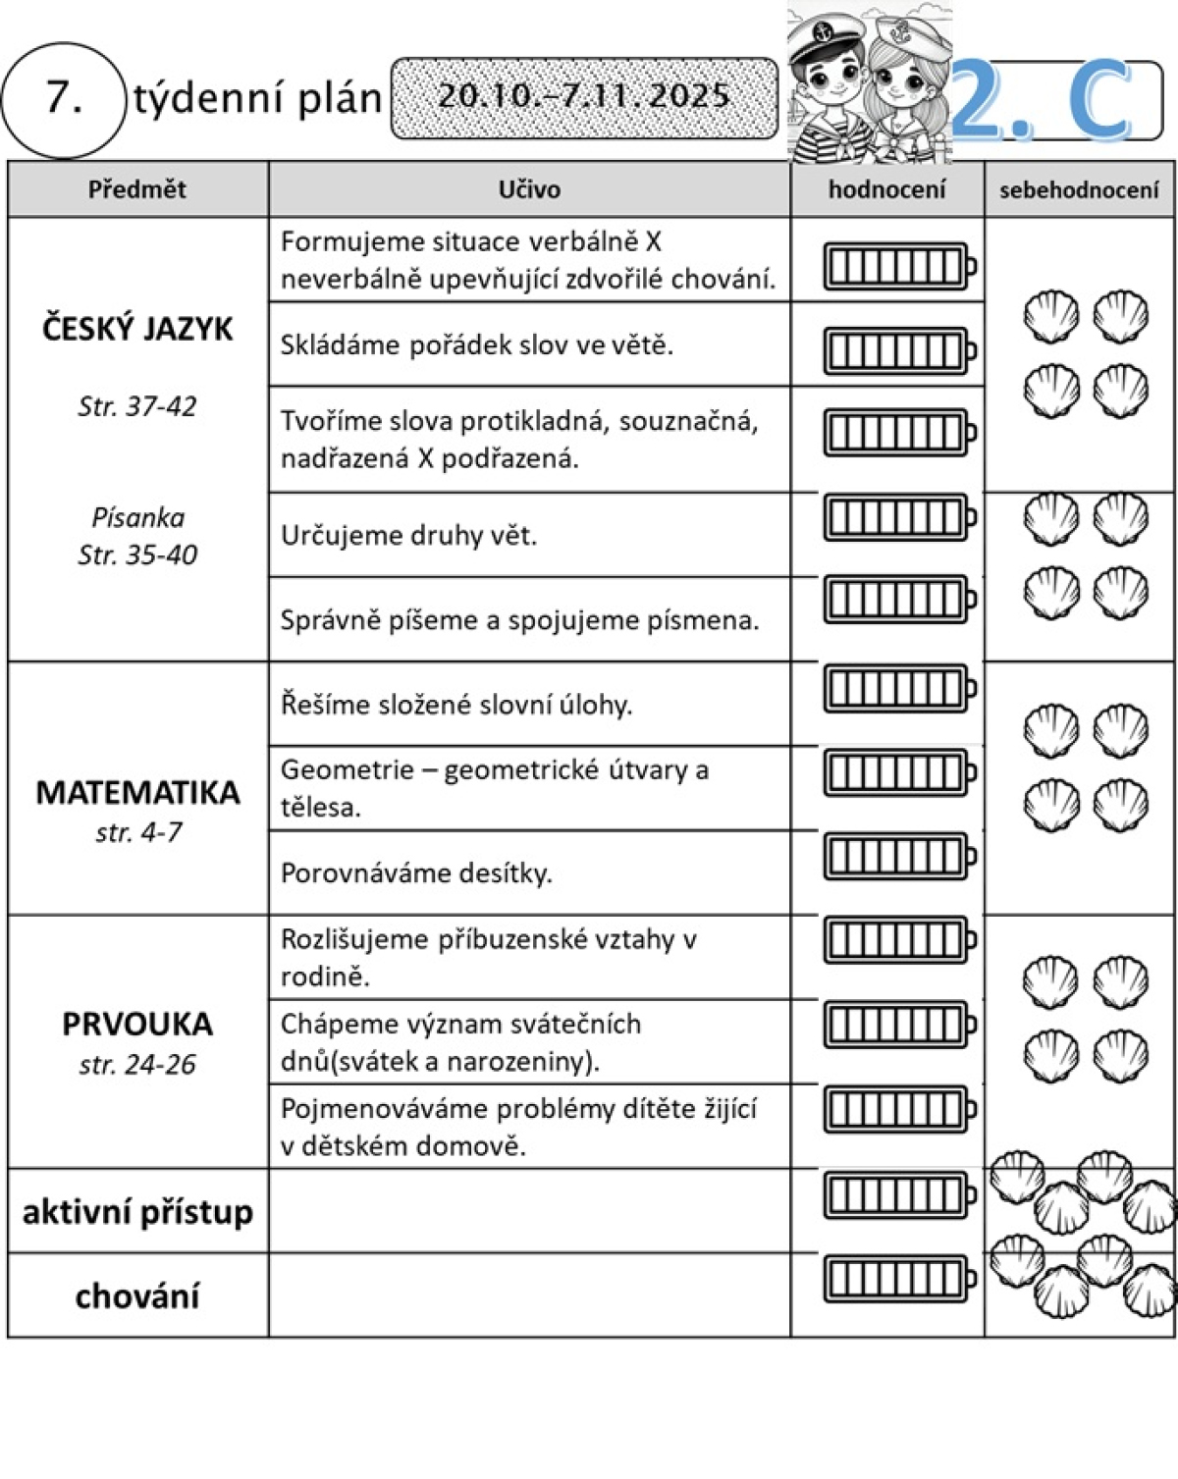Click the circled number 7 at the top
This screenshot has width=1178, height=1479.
coord(64,98)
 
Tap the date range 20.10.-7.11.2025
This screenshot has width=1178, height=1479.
coord(583,96)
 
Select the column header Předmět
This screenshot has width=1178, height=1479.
coord(136,189)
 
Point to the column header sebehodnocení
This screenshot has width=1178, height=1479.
coord(1079,190)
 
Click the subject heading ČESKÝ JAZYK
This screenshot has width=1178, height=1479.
coord(137,329)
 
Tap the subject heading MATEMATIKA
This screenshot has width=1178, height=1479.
coord(137,792)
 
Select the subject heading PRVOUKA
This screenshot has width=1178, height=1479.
coord(137,1024)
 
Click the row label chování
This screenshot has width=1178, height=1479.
coord(137,1296)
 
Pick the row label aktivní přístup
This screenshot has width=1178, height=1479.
coord(137,1212)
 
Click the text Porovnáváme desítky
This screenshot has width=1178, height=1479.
coord(416,872)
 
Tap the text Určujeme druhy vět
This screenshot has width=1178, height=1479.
coord(408,535)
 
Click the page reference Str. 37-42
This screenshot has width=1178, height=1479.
coord(137,406)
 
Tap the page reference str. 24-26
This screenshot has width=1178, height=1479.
coord(137,1064)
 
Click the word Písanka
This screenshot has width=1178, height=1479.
coord(137,517)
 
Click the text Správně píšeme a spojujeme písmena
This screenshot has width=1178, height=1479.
coord(519,620)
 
